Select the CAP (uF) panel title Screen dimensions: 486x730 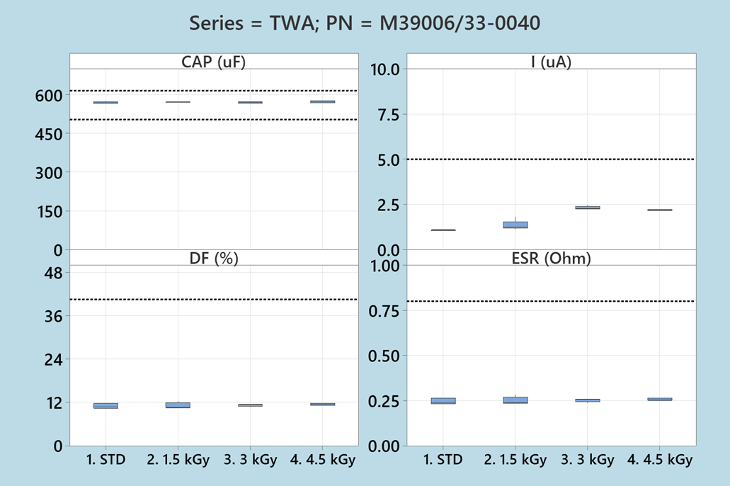[214, 62]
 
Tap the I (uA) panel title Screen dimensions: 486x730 [551, 62]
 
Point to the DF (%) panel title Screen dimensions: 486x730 [214, 258]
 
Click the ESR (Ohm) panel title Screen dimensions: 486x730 [551, 258]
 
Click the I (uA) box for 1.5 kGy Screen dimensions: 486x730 [515, 225]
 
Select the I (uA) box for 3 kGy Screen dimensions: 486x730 [587, 208]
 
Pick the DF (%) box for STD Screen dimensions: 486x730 [105, 405]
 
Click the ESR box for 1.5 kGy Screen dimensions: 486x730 [515, 400]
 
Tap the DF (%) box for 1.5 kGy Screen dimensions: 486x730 [178, 405]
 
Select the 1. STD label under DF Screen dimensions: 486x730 [105, 460]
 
